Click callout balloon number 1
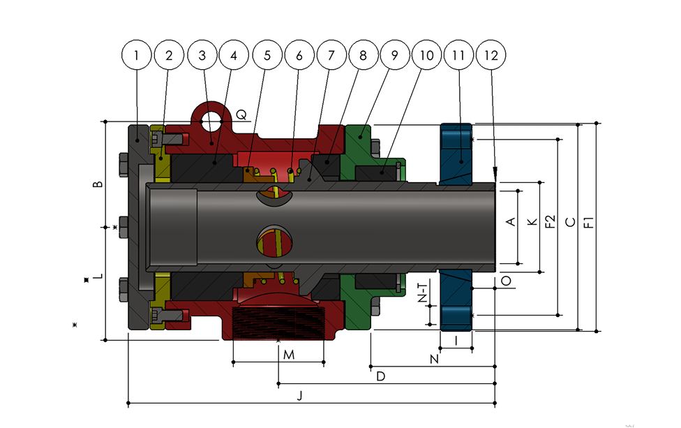(136, 55)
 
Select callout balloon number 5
(267, 55)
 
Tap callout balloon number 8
(363, 55)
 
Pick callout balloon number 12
(491, 55)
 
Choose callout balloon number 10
(426, 55)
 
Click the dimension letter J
(299, 395)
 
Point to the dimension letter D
(380, 376)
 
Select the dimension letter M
(289, 355)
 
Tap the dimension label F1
(588, 222)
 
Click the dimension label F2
(551, 221)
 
